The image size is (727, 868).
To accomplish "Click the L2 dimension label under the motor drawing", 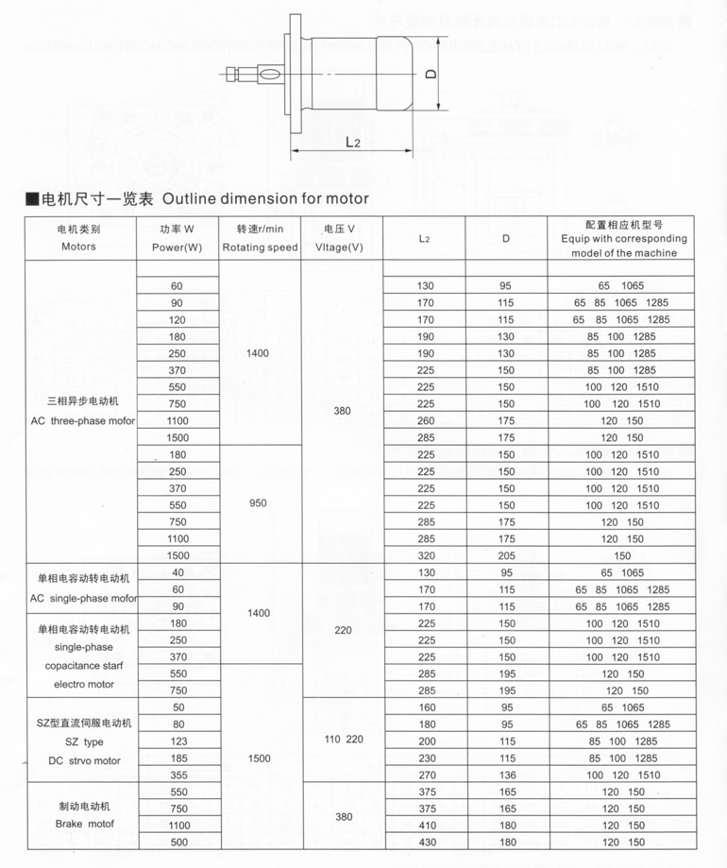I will click(x=353, y=142).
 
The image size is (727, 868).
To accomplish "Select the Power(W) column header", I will click(x=178, y=247).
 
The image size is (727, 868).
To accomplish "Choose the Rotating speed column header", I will click(x=260, y=247).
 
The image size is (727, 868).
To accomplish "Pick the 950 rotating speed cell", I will click(x=259, y=503).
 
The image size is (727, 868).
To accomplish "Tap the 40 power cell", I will click(x=178, y=572).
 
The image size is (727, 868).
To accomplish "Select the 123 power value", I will click(x=178, y=740).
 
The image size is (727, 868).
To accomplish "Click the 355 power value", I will click(x=178, y=774).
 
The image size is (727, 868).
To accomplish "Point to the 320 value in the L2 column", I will click(x=425, y=555).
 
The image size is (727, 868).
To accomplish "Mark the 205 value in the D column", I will click(x=507, y=555).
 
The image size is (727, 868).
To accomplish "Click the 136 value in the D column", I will click(x=507, y=774).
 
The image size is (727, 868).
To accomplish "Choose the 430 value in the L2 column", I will click(x=425, y=842).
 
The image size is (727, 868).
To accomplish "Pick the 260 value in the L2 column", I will click(x=425, y=420).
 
